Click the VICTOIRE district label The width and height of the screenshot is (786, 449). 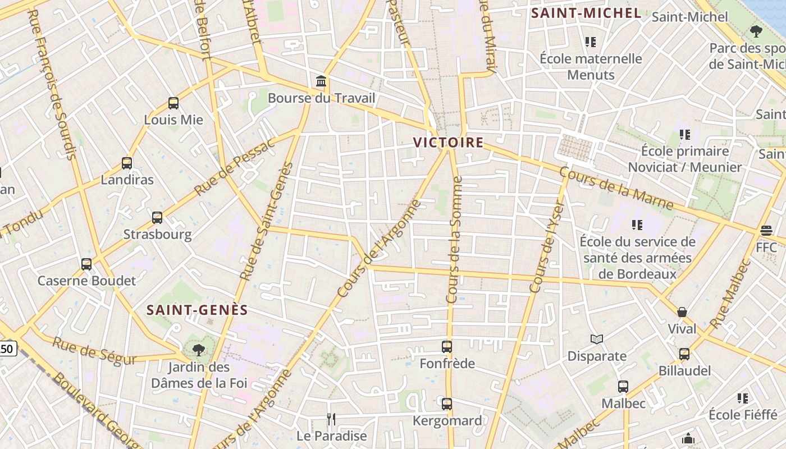448,143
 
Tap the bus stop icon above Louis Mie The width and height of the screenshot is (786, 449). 173,103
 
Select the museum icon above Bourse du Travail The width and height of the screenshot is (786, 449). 321,82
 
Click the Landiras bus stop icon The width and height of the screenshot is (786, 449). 127,163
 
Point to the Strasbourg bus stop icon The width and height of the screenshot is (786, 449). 157,218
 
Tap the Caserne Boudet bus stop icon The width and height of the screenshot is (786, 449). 86,264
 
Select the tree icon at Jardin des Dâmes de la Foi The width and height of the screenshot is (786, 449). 198,351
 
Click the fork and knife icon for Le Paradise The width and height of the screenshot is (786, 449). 331,419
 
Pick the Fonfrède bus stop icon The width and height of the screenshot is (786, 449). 447,347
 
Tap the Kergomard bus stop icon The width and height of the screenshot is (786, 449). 447,404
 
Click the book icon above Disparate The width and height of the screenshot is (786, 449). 597,339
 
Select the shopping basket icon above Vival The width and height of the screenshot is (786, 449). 682,312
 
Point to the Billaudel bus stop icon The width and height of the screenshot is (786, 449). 684,354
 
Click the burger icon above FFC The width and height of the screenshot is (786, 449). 766,231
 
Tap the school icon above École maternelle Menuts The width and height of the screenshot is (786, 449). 590,42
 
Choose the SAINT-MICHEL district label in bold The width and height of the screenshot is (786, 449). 586,13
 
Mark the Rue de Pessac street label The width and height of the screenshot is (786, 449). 234,166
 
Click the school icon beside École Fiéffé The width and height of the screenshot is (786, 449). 743,398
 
